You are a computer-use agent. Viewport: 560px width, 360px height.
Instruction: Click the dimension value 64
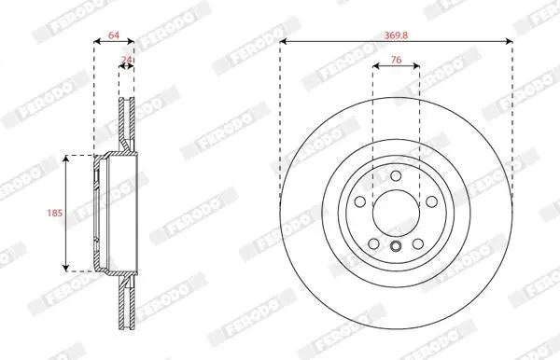click(x=114, y=35)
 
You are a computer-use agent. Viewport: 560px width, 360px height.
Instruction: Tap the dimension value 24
click(x=126, y=60)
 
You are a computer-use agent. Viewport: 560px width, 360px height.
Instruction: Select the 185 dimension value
click(x=55, y=213)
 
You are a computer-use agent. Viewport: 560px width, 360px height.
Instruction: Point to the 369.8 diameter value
click(x=396, y=35)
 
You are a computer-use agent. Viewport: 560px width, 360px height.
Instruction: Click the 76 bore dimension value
click(x=396, y=60)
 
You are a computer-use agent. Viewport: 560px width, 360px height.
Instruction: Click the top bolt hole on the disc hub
click(x=396, y=176)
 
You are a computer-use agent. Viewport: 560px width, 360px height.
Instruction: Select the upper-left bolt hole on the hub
click(x=360, y=201)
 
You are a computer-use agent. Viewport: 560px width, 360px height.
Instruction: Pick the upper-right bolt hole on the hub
click(x=432, y=201)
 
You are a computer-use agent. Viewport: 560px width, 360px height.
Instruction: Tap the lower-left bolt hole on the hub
click(x=373, y=244)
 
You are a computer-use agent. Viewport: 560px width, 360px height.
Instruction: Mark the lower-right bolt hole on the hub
click(x=418, y=244)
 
